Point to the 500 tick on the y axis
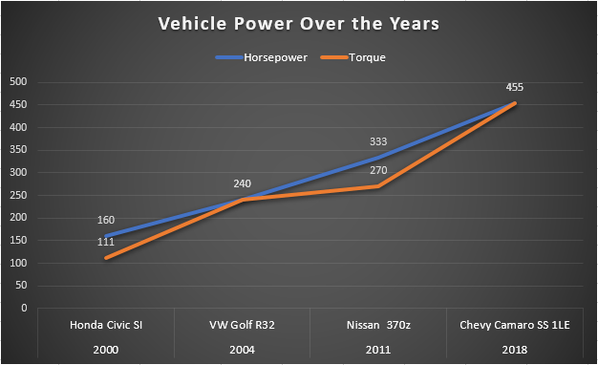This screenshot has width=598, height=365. (x=17, y=82)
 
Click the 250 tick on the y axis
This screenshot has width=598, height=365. (x=17, y=195)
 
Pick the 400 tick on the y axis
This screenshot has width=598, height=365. (x=17, y=127)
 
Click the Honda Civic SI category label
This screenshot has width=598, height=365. (x=105, y=327)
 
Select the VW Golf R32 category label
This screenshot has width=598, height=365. (x=242, y=327)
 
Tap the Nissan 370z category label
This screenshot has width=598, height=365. (x=378, y=327)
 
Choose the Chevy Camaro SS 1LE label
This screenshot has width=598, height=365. (x=515, y=327)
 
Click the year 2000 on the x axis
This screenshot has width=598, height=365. (x=105, y=350)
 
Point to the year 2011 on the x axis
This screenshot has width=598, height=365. (x=378, y=350)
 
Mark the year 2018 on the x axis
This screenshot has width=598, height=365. (x=515, y=350)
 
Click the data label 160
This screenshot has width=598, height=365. (x=106, y=220)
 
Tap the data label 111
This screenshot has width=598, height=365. (x=106, y=243)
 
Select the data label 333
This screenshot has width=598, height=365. (x=379, y=141)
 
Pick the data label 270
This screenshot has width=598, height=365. (x=379, y=170)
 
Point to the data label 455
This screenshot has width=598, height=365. (x=516, y=86)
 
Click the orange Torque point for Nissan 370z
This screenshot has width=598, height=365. (x=379, y=186)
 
